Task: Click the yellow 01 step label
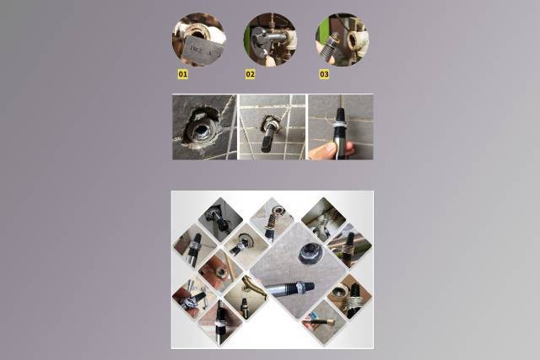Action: pos(183,74)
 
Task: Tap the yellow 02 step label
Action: pos(251,74)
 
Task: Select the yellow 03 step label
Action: pos(324,74)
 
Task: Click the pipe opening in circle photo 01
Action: pos(197,33)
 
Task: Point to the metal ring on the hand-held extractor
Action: pos(340,123)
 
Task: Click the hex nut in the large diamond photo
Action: pos(305,254)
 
